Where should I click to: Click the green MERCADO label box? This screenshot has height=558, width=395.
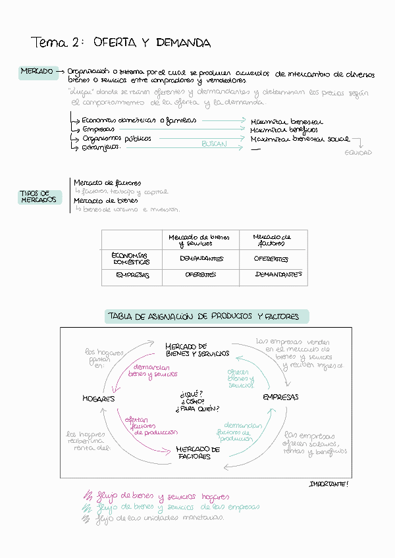[x=38, y=71]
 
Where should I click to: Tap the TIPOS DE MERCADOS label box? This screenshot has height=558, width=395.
[x=39, y=197]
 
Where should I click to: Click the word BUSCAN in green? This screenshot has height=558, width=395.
[x=214, y=143]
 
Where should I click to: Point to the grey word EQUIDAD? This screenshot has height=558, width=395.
[x=358, y=153]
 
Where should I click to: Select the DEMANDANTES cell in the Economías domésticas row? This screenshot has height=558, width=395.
[x=201, y=259]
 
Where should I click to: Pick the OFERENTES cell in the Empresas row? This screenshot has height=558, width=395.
[x=201, y=275]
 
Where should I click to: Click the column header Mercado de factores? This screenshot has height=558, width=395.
[x=271, y=240]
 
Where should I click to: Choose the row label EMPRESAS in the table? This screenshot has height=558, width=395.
[x=132, y=275]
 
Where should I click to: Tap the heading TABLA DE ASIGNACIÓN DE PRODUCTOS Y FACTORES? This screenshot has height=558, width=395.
[x=203, y=317]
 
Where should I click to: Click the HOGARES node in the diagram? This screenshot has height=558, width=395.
[x=99, y=399]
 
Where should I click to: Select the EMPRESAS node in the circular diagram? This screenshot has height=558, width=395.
[x=280, y=397]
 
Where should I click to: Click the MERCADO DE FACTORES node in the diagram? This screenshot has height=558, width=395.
[x=197, y=453]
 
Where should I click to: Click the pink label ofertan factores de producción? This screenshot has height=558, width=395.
[x=146, y=426]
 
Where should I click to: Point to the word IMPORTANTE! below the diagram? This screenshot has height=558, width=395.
[x=329, y=484]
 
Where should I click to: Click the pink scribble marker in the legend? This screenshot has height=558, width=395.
[x=87, y=497]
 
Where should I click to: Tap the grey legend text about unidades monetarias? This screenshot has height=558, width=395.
[x=160, y=518]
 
